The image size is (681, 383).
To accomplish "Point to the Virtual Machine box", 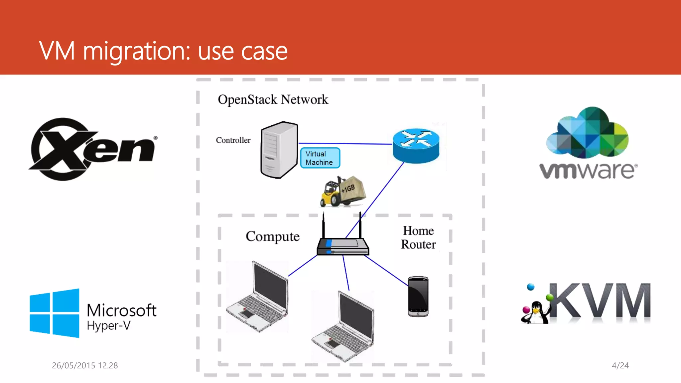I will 320,158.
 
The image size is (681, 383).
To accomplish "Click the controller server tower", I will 279,150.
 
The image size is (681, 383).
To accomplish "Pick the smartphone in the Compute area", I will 418,296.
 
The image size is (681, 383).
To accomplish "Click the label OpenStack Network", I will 273,99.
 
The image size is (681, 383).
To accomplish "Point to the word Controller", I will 233,140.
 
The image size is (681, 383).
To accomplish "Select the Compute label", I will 272,236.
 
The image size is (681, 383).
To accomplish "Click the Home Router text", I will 418,238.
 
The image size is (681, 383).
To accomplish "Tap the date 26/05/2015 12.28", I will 85,365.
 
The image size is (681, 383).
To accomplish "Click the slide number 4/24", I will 620,365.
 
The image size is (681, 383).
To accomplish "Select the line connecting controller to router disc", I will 346,144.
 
